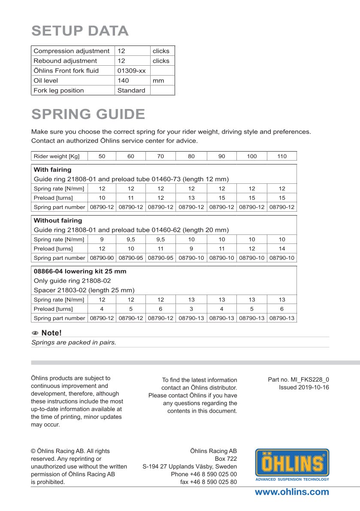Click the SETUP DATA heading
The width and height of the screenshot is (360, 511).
[x=80, y=31]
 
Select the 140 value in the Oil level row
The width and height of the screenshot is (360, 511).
[x=123, y=80]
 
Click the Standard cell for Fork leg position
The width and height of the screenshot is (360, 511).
[x=131, y=90]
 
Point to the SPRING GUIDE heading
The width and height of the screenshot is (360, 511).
[x=88, y=114]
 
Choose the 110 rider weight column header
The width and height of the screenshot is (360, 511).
[x=281, y=156]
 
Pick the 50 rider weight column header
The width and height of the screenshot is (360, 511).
[x=102, y=156]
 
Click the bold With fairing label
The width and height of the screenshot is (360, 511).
[x=52, y=170]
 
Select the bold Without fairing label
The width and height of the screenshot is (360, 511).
[x=57, y=220]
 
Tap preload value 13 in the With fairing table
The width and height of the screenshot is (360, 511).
[x=191, y=198]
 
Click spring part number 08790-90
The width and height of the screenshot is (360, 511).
[x=102, y=258]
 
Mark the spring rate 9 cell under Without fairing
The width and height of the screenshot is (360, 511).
[x=102, y=240]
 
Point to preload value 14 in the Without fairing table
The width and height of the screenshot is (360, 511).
[x=281, y=249]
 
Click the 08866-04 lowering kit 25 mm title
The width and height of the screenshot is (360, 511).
[x=80, y=271]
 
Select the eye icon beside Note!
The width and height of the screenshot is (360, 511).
[x=35, y=333]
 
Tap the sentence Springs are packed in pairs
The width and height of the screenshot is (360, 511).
[x=74, y=343]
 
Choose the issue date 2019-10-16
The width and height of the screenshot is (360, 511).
[x=304, y=387]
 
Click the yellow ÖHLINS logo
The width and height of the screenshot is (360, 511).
[x=292, y=464]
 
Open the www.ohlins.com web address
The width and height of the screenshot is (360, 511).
[x=292, y=492]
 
